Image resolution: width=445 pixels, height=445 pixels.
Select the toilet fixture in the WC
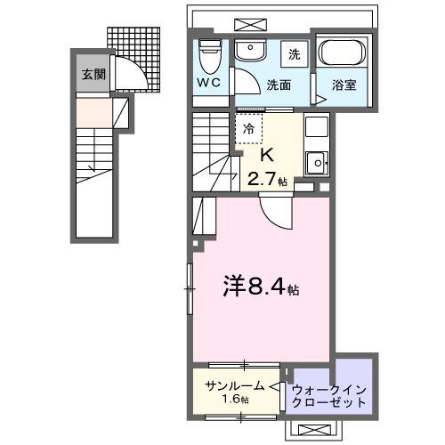coord(210,58)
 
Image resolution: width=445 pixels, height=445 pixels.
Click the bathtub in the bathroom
coord(341,55)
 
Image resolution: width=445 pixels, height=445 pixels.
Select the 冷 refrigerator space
coord(249,129)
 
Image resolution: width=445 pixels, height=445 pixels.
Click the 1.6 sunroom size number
coord(235,400)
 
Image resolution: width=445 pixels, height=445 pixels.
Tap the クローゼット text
coord(329,402)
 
